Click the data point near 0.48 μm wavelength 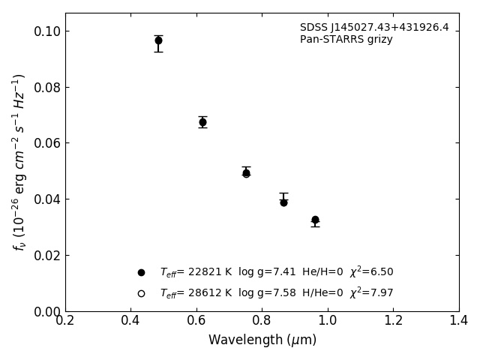(158, 40)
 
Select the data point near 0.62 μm (202, 121)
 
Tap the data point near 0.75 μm (246, 172)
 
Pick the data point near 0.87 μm (283, 202)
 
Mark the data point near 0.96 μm (315, 220)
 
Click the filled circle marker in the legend (141, 272)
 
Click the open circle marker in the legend (141, 293)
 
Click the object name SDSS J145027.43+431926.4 (374, 28)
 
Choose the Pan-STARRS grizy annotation (346, 40)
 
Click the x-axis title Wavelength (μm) (262, 340)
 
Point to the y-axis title (19, 162)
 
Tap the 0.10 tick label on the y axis (46, 31)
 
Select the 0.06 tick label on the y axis (46, 143)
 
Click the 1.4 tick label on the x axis (459, 320)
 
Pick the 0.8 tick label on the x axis (262, 320)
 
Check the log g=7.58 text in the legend (265, 293)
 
